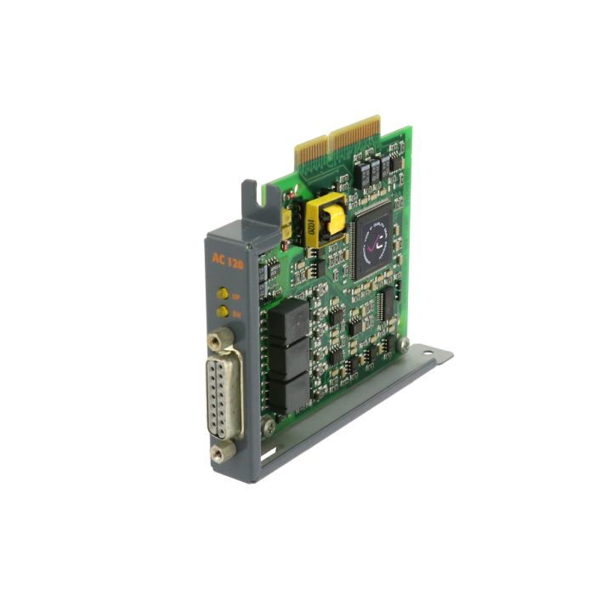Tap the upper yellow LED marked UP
222,294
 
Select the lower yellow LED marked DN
222,312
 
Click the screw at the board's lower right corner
405,343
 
